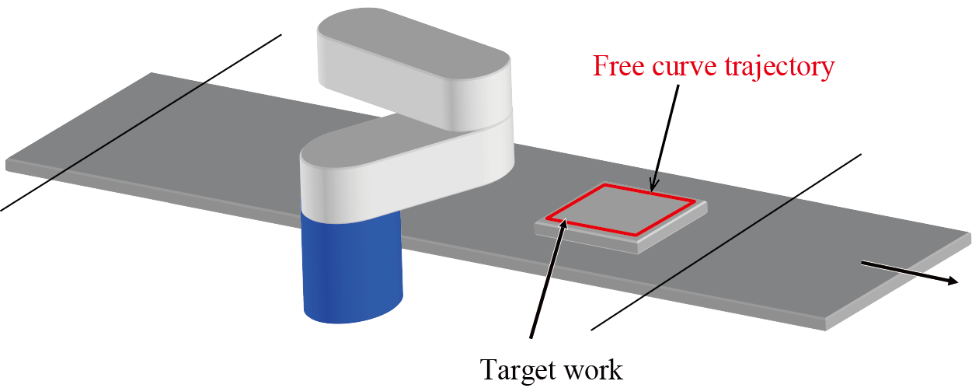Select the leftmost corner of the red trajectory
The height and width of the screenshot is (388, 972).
click(x=546, y=218)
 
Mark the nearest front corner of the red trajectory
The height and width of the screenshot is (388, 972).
click(x=638, y=235)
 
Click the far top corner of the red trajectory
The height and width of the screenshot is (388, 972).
click(x=604, y=185)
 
